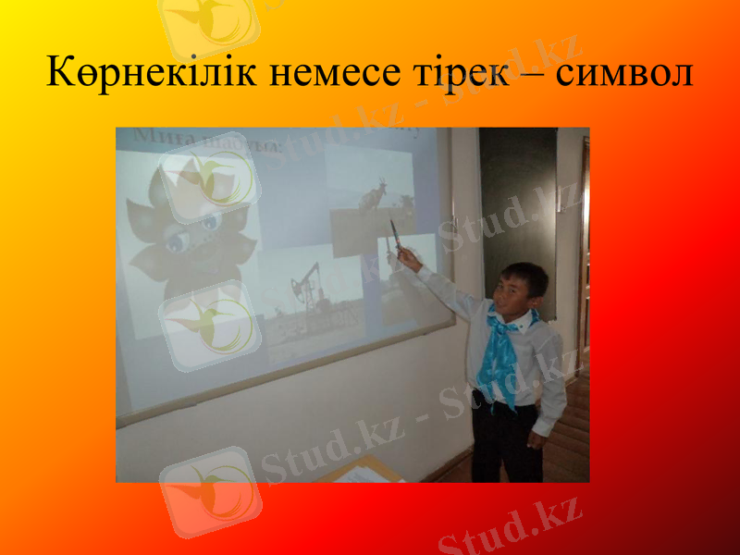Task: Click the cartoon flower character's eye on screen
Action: pyautogui.click(x=208, y=222)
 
